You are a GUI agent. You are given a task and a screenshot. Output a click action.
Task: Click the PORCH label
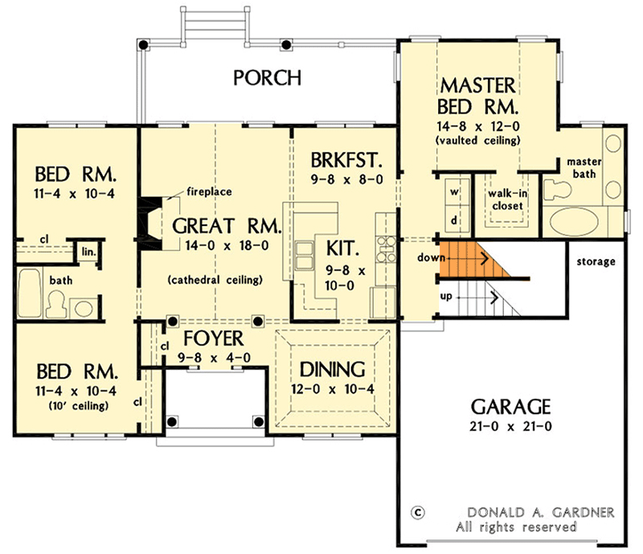(x=268, y=78)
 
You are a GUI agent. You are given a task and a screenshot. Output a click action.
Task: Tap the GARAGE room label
(x=510, y=404)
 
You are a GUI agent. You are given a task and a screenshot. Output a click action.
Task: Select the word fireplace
(x=210, y=192)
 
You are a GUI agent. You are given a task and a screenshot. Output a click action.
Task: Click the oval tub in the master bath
(x=581, y=220)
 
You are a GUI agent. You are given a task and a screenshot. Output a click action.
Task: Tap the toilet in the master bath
(x=559, y=189)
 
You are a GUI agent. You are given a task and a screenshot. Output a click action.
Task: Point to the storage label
(x=596, y=261)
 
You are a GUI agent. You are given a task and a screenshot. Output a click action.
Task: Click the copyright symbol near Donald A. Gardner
(x=416, y=511)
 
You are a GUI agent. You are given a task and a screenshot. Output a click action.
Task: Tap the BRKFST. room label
(x=346, y=158)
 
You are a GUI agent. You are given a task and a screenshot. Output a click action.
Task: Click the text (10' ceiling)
(x=68, y=405)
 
